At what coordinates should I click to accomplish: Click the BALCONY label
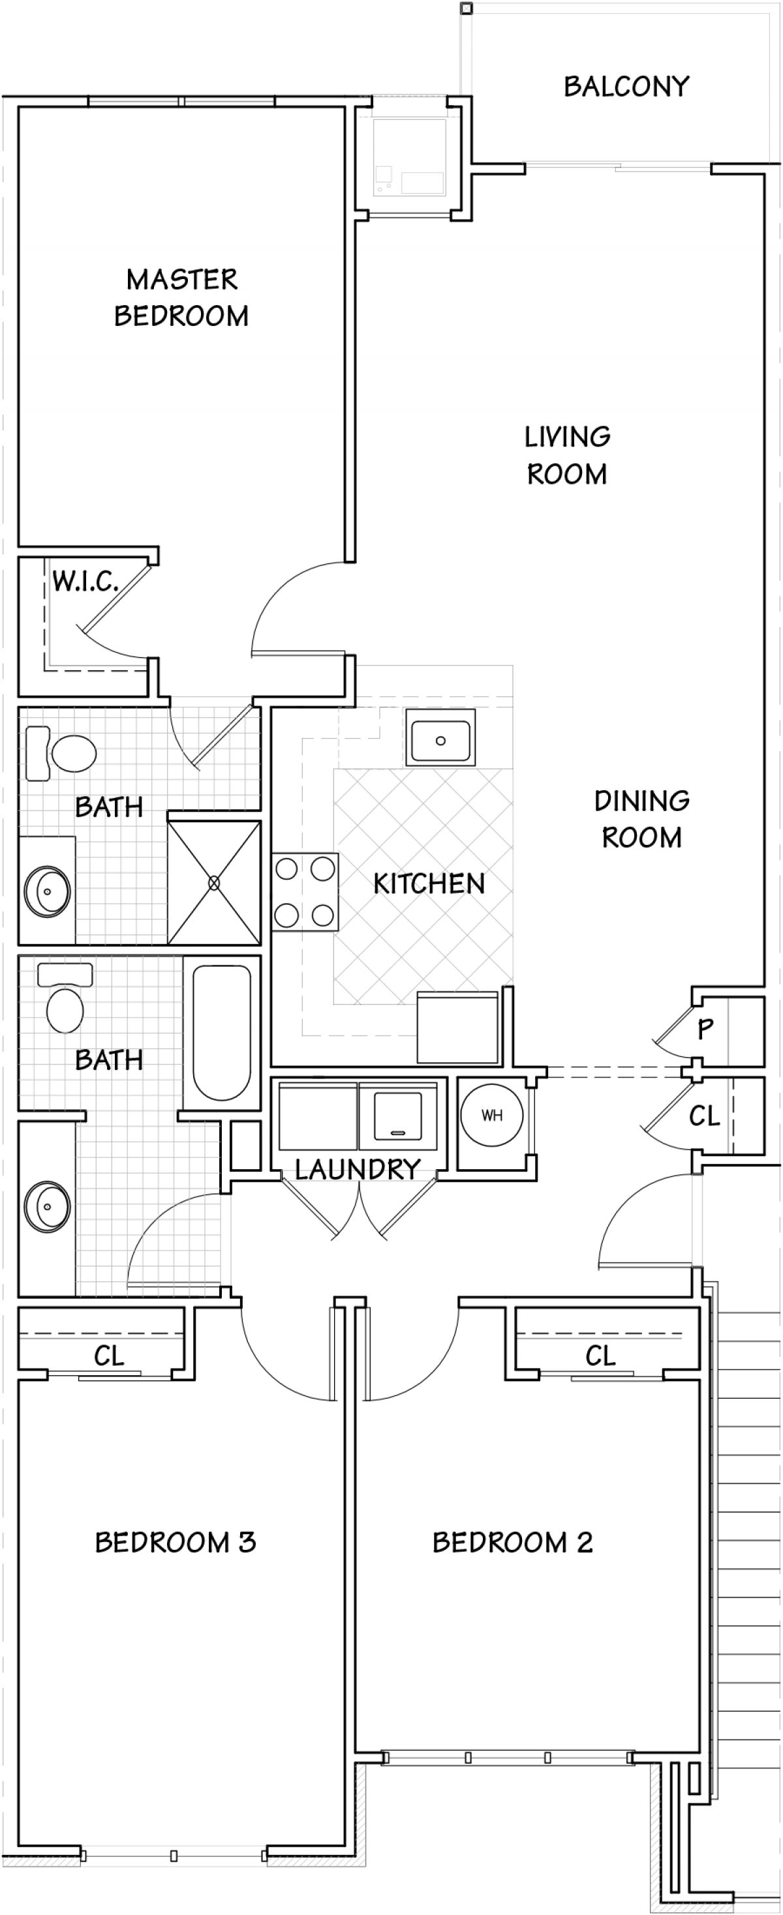626,87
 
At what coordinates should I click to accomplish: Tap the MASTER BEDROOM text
181,297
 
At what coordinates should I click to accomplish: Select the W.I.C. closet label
85,582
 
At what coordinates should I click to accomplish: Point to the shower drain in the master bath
214,882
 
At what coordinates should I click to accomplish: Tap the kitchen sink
440,738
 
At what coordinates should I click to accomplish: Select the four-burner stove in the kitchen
305,891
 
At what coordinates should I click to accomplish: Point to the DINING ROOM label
641,819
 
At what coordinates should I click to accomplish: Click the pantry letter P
705,1029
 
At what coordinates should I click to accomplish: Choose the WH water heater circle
491,1115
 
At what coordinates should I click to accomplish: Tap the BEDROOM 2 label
512,1543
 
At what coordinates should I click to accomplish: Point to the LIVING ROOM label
568,455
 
